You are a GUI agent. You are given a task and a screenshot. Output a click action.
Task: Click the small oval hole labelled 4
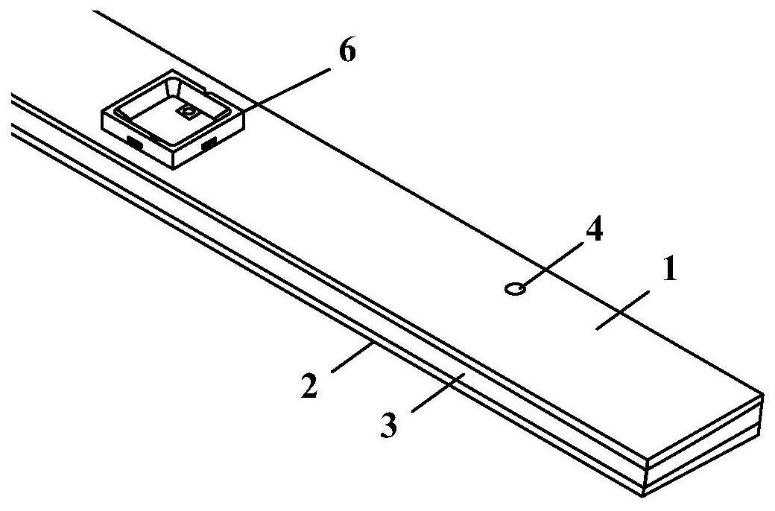coord(513,288)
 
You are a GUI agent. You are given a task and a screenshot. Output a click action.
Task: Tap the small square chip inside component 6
coord(187,112)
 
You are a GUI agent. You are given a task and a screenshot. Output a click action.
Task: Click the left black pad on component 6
coord(135,141)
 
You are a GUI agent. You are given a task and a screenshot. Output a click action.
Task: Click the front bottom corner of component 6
coord(174,169)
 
